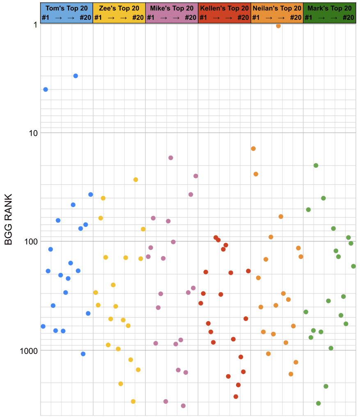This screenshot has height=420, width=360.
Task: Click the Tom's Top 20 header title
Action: pos(66,8)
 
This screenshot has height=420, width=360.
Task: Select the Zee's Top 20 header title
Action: pos(119,8)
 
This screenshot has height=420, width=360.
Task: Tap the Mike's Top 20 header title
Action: pos(172,8)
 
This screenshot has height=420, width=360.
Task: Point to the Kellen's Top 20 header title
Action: pos(225,8)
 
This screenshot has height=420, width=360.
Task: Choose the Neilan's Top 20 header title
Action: pos(277,8)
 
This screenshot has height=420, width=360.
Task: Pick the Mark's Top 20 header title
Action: pos(330,8)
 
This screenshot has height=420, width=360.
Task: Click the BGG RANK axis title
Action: pos(8,219)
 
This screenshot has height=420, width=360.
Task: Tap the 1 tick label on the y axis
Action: pos(35,25)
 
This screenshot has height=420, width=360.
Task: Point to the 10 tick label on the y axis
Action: pos(33,133)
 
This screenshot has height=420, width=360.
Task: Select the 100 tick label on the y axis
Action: pos(31,242)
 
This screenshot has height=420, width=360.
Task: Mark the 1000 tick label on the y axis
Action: pos(29,351)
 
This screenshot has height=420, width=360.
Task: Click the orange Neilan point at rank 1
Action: pos(278,26)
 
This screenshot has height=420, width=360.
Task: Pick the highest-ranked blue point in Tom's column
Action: pos(76,76)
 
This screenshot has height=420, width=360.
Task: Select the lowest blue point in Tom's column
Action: pos(83,354)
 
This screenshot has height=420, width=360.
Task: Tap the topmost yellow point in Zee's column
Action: pos(135,180)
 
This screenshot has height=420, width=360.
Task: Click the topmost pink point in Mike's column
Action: pos(171,158)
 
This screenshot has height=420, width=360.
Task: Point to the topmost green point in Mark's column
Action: pos(316,166)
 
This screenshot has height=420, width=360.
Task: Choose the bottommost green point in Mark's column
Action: pos(319,403)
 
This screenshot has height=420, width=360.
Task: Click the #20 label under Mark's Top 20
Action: pos(349,17)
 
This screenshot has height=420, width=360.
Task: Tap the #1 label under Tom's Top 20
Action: pos(46,17)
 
